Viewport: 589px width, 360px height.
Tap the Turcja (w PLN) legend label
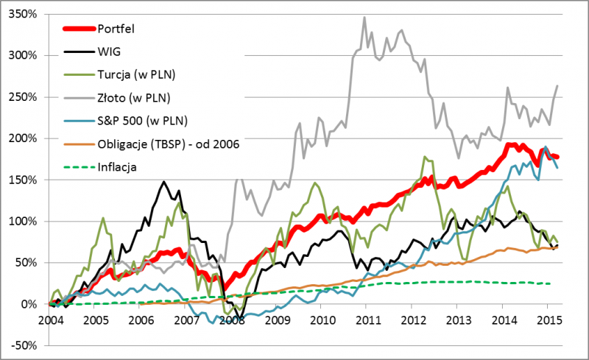[139, 75]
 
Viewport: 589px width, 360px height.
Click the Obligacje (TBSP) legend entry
[169, 144]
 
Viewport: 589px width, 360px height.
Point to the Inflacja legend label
[118, 166]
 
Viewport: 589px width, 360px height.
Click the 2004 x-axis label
[49, 322]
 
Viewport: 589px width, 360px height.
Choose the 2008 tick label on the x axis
[232, 322]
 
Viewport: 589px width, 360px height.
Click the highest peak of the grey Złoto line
[364, 17]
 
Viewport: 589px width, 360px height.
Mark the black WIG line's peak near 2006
[163, 182]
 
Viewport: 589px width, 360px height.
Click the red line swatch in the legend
[76, 29]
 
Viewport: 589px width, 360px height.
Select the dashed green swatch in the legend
[76, 166]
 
